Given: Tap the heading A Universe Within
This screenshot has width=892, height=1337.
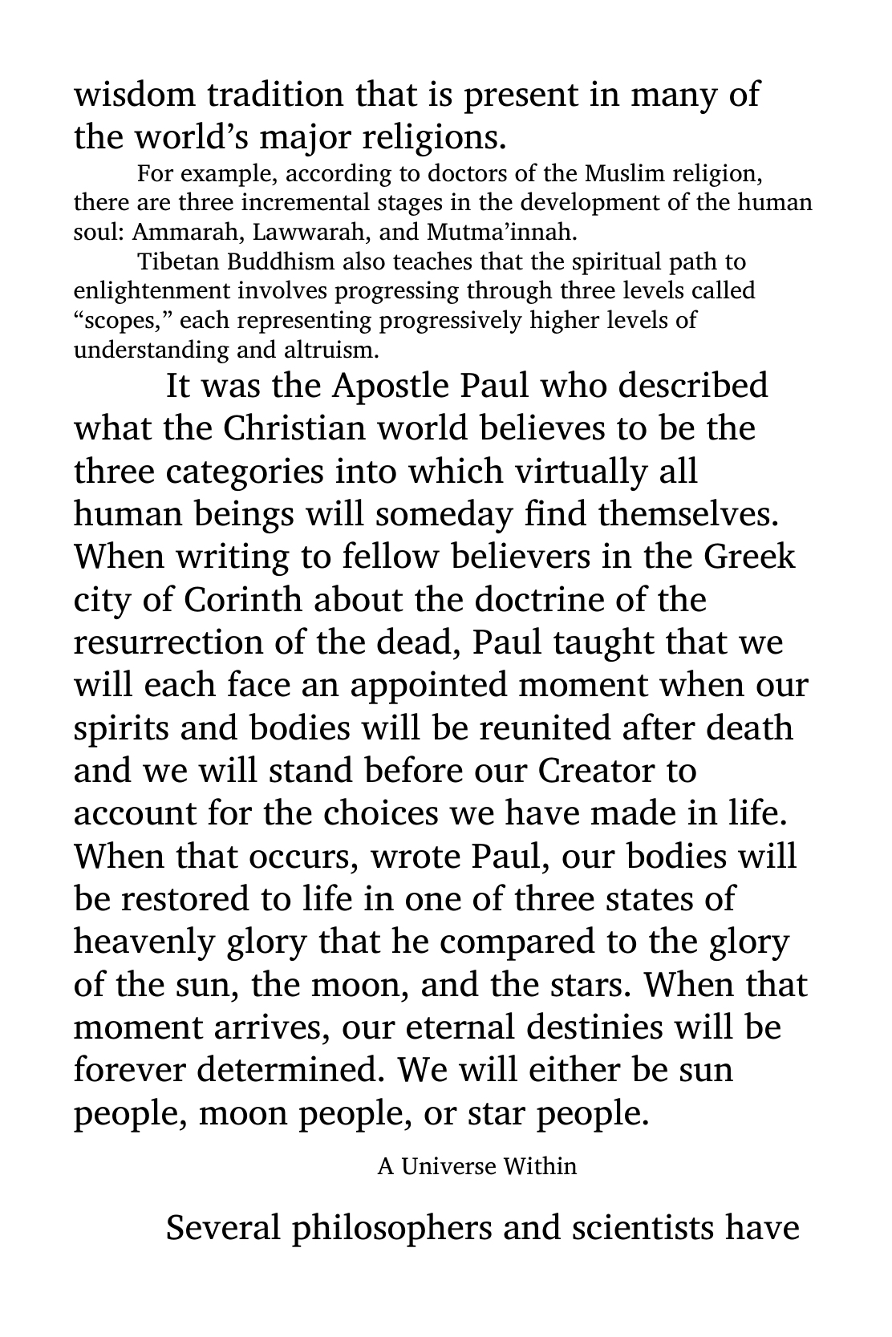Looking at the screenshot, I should click(x=477, y=1165).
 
